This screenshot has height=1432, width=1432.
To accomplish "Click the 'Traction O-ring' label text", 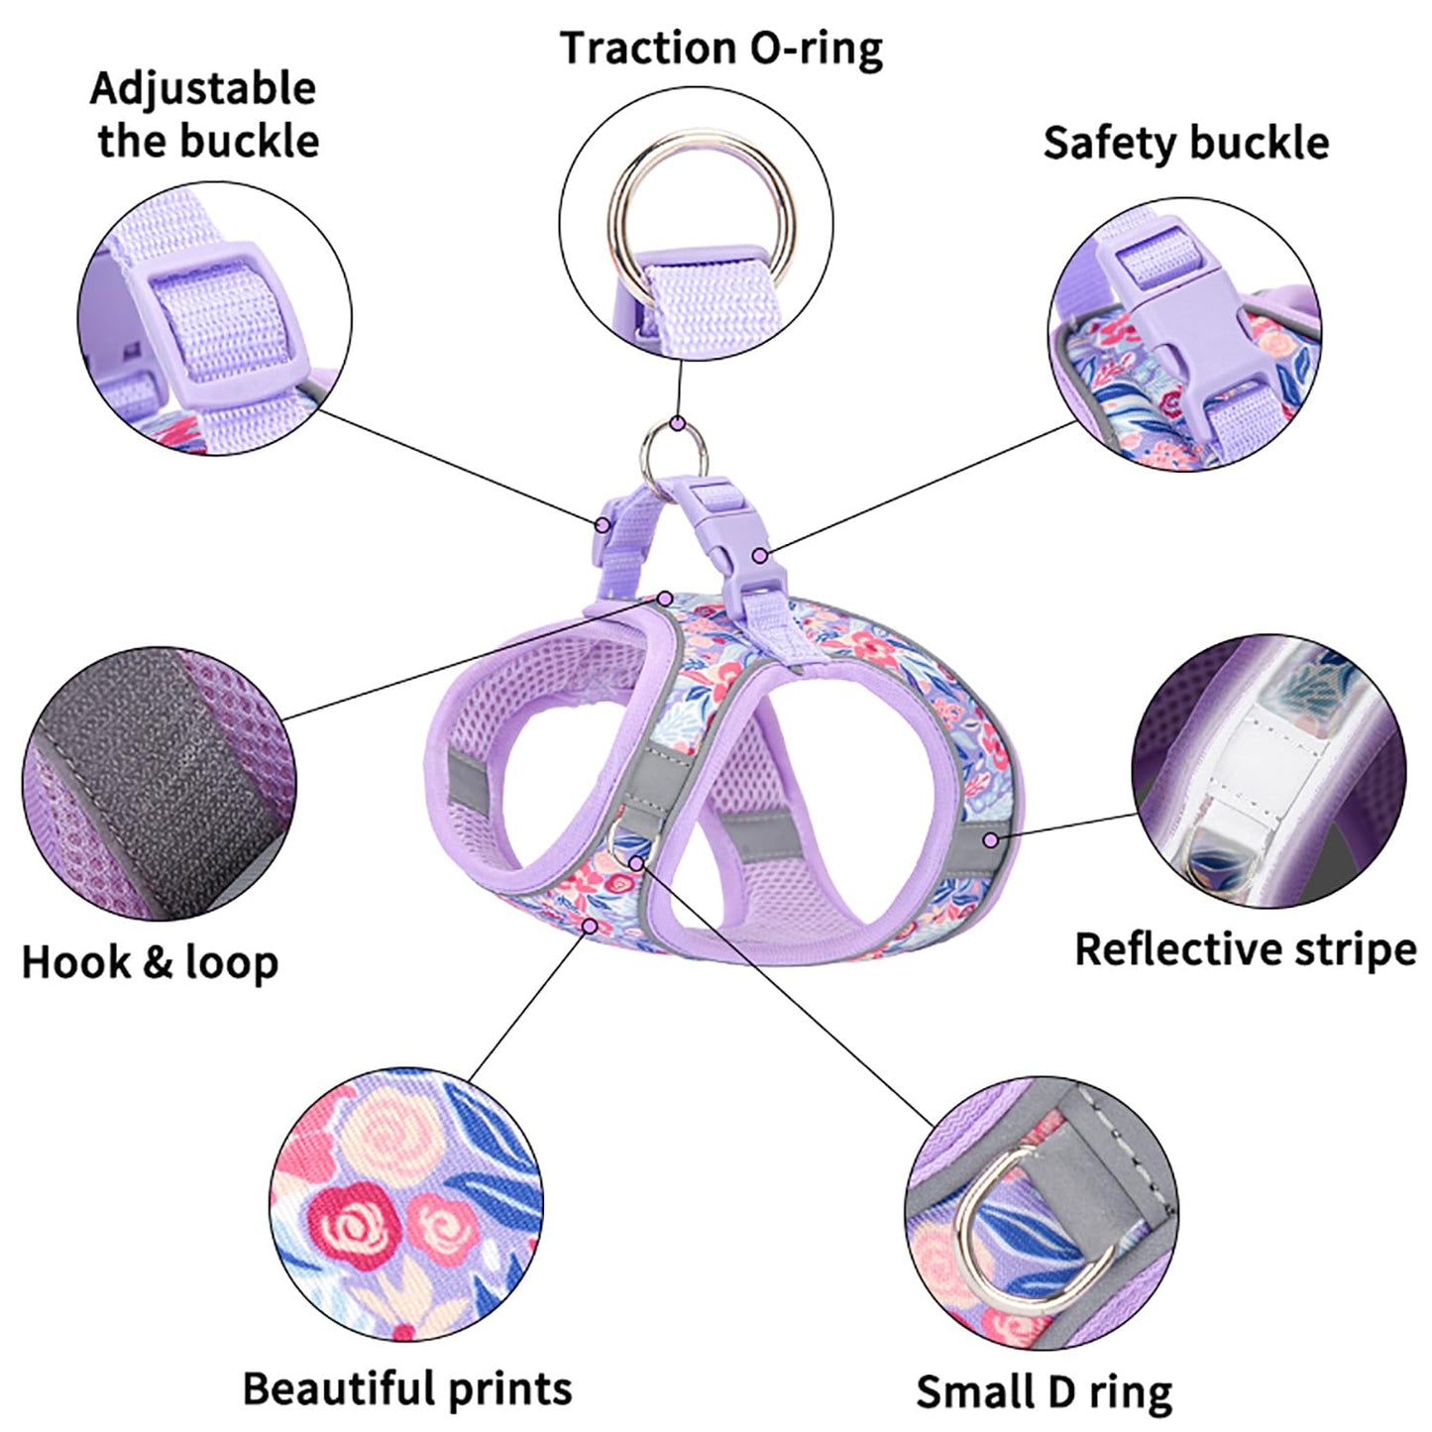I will (720, 49).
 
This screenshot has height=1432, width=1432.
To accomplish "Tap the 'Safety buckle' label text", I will (1185, 143).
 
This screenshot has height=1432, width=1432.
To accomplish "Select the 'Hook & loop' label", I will (150, 962).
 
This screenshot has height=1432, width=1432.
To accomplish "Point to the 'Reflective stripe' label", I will (1246, 948).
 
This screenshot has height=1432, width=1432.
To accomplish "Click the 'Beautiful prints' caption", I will (407, 1388).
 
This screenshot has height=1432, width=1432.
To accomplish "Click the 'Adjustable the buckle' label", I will (205, 114).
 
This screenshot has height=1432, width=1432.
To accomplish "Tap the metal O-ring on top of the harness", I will (673, 448).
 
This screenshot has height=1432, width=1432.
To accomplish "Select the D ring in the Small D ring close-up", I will (991, 1229).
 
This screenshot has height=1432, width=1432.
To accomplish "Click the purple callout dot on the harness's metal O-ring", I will (677, 423).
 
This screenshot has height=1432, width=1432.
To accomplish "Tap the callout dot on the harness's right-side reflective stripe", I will (991, 839).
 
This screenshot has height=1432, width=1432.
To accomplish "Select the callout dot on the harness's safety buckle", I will (759, 556).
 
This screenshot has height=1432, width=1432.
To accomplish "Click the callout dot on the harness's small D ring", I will (636, 863).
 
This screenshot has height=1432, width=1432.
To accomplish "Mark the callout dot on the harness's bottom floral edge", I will (591, 926).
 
